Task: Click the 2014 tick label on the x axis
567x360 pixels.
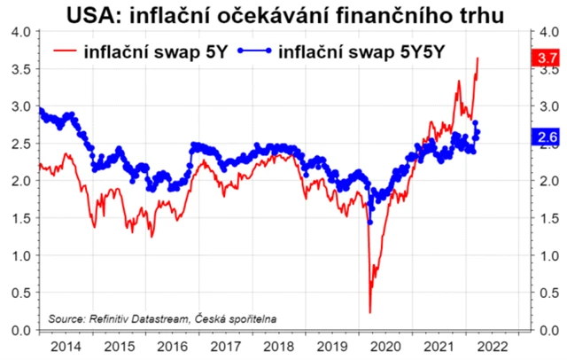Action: click(66, 347)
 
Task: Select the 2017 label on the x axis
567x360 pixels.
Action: click(227, 347)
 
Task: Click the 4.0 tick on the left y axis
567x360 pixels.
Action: click(19, 31)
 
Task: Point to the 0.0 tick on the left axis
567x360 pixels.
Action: click(19, 331)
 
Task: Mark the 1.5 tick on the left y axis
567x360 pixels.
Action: click(19, 218)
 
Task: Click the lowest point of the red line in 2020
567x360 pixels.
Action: click(369, 312)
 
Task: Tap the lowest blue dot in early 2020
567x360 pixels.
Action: click(370, 222)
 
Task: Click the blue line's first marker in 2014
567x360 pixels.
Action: click(40, 110)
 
